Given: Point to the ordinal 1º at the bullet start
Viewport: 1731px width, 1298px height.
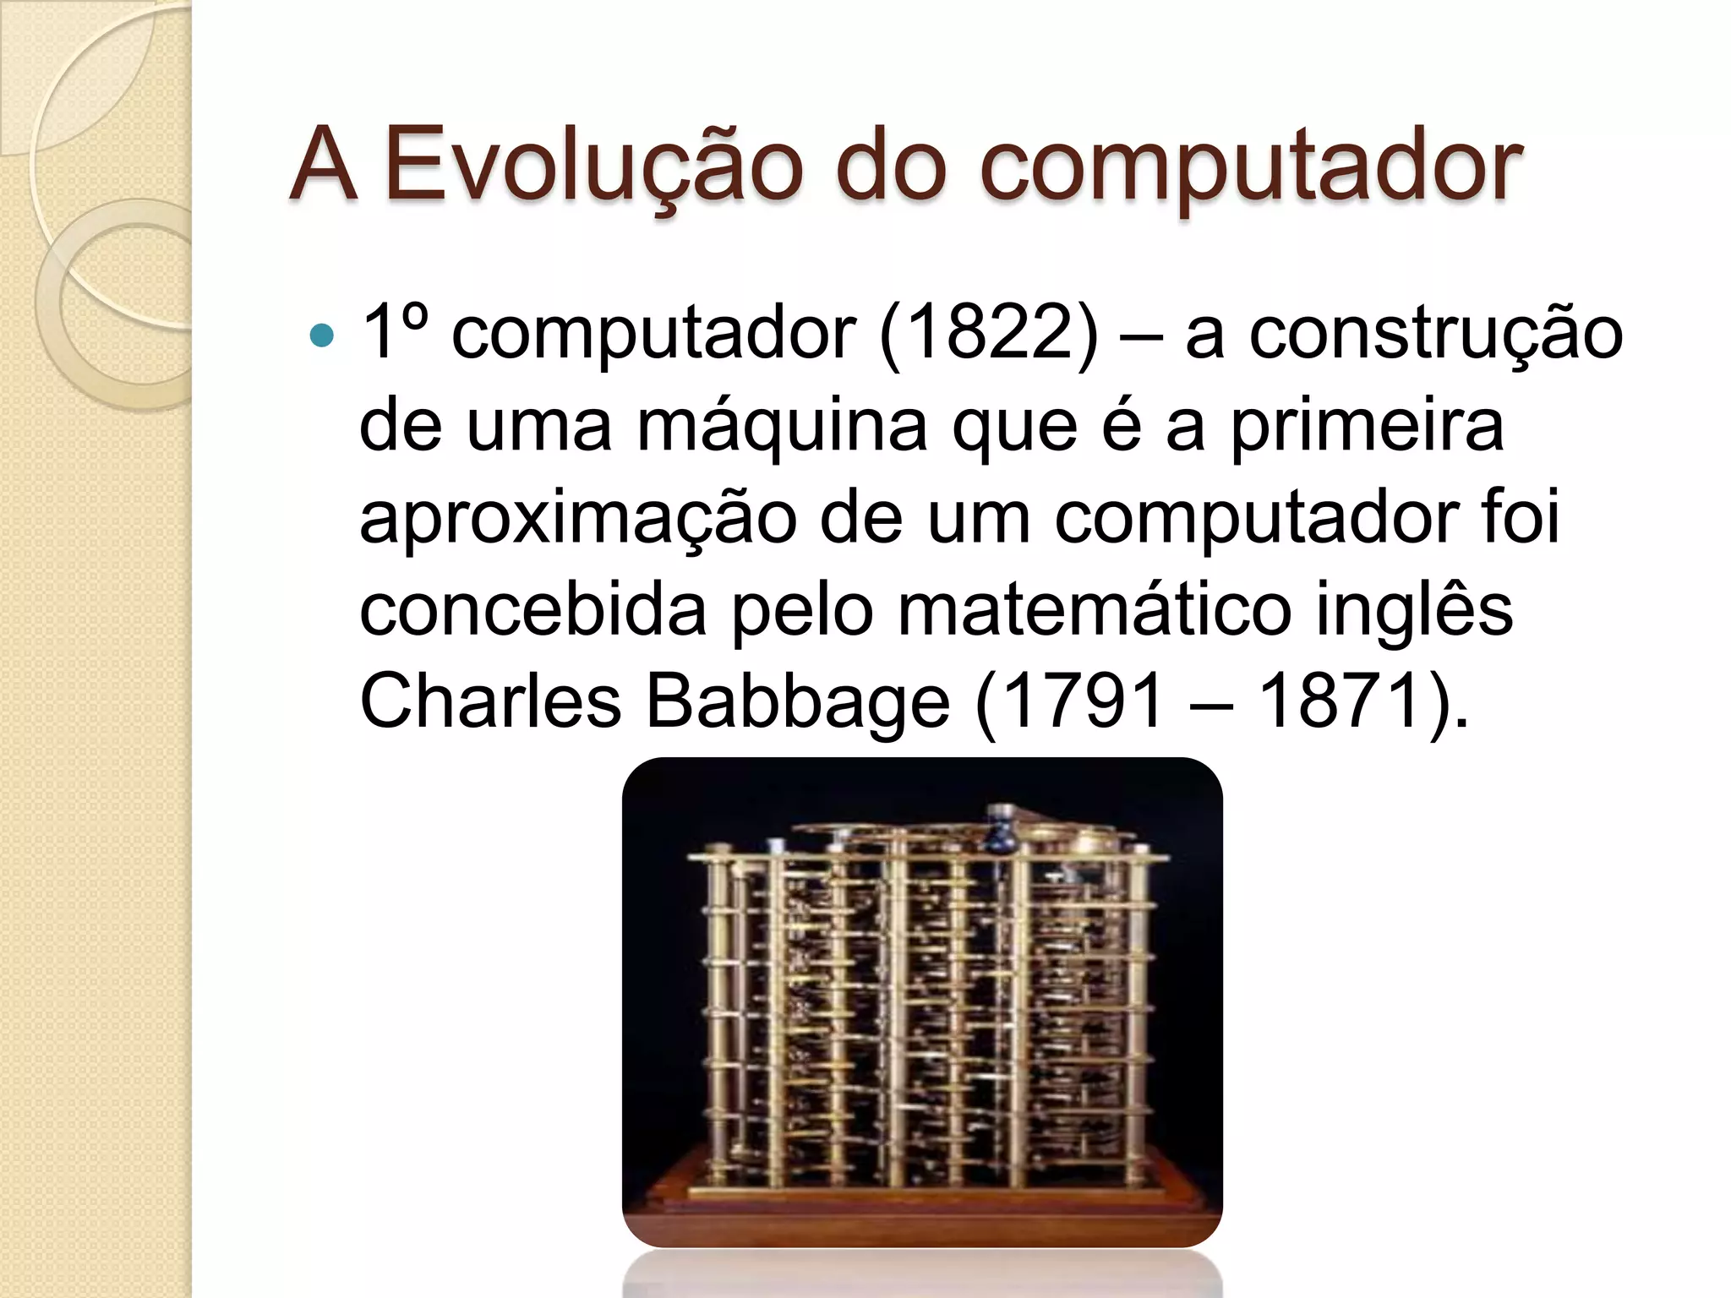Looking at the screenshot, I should coord(394,332).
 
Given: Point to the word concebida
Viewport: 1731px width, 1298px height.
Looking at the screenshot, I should coord(532,610).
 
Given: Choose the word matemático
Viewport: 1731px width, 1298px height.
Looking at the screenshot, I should coord(1094,610).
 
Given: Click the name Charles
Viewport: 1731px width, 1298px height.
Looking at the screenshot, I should coord(490,701).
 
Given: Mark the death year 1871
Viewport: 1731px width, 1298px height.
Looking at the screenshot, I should coord(1341,701).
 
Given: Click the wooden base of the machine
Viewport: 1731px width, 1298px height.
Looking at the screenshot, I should coord(921,1200).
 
